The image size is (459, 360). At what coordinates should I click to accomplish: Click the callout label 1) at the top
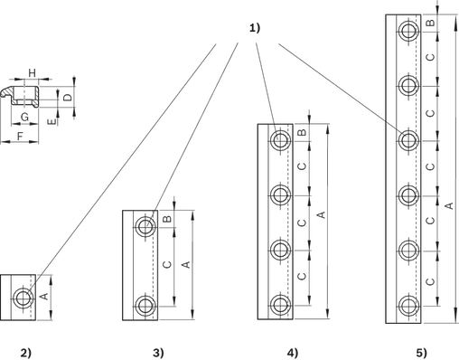[255, 28]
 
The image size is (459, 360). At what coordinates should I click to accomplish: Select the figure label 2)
[26, 352]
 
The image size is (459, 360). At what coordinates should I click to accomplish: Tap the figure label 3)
[159, 352]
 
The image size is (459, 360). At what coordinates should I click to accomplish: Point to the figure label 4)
[292, 352]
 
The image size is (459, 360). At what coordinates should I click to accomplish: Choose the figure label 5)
[421, 352]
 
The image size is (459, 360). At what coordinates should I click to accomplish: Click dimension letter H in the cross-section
[32, 73]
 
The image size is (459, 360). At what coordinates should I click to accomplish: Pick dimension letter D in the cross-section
[69, 97]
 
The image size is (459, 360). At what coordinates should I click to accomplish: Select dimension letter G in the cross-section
[24, 117]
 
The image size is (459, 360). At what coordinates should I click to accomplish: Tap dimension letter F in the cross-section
[20, 137]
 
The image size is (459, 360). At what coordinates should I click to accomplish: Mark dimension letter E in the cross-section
[52, 121]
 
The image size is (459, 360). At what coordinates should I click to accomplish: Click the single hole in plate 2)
[22, 298]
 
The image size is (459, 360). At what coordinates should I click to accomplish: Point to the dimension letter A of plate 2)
[44, 297]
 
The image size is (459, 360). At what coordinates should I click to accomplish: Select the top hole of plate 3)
[145, 226]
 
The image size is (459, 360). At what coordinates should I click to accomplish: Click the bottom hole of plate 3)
[145, 306]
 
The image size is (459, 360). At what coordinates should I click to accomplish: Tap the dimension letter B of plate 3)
[168, 218]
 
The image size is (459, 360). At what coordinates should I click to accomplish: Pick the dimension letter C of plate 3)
[167, 264]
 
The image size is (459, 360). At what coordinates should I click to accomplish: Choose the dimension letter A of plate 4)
[322, 214]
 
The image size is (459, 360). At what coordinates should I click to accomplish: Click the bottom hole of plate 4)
[280, 306]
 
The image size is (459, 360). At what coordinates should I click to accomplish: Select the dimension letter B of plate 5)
[431, 23]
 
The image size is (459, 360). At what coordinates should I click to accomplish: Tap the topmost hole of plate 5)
[408, 30]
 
